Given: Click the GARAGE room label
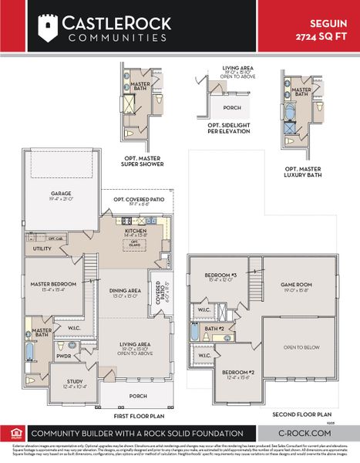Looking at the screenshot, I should point(62,194).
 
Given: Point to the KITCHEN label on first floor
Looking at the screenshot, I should point(136,230).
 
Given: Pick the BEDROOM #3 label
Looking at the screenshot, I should point(220,275).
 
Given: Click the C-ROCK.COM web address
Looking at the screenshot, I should point(304,434).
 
